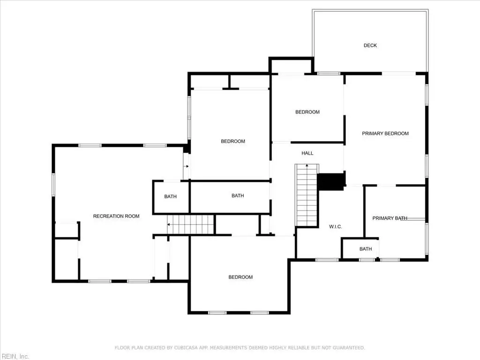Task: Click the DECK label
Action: [370, 45]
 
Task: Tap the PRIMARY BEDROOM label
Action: [385, 134]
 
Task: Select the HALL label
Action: [307, 153]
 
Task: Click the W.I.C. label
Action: [336, 226]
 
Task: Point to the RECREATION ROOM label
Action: [116, 216]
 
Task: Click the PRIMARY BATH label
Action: [390, 218]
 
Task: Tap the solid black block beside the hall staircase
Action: [331, 182]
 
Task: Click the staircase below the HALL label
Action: [307, 195]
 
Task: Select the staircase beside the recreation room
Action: [190, 225]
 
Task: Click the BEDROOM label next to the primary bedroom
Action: [307, 112]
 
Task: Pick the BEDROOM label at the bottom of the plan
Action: [240, 277]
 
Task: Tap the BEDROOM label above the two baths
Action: [233, 141]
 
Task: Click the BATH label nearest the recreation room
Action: [170, 196]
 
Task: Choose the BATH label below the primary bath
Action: [366, 249]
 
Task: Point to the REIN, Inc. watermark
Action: [15, 356]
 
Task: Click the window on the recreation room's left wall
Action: [53, 185]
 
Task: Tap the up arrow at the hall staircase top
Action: [307, 166]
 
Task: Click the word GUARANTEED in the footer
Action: [348, 348]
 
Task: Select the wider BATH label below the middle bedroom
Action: [238, 195]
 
